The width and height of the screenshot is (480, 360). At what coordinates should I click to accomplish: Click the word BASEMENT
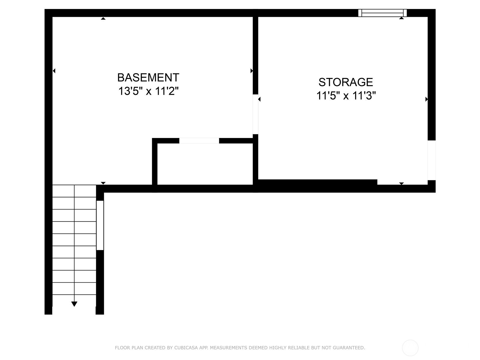(x=148, y=77)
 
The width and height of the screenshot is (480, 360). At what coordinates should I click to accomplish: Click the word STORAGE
(x=346, y=82)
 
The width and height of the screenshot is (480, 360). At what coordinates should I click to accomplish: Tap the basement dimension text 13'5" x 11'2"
(x=148, y=91)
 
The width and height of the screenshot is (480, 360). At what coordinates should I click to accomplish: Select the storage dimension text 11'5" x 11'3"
(x=346, y=95)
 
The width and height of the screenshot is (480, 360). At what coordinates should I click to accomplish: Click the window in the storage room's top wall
(x=382, y=13)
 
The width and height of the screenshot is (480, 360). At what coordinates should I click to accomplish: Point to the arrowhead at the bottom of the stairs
(x=74, y=304)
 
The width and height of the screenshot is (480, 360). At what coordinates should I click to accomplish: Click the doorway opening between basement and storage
(x=255, y=114)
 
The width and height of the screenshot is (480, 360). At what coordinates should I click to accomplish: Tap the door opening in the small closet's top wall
(x=199, y=141)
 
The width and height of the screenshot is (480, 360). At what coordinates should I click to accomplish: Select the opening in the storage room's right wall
(x=431, y=160)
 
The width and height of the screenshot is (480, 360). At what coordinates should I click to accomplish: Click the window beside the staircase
(x=100, y=225)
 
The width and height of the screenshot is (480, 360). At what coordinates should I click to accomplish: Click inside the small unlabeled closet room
(x=205, y=164)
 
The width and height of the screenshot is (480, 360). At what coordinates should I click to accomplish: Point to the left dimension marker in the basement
(x=54, y=71)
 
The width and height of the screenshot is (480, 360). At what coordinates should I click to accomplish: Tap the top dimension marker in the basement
(x=103, y=19)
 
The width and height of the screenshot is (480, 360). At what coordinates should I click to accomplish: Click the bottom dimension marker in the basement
(x=103, y=183)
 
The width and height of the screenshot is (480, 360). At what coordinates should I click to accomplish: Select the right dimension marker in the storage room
(x=426, y=99)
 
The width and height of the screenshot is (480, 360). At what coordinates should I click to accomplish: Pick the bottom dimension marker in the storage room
(x=401, y=184)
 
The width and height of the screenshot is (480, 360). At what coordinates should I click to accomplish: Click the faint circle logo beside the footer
(x=410, y=348)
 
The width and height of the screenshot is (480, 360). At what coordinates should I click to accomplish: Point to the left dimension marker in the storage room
(x=259, y=99)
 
